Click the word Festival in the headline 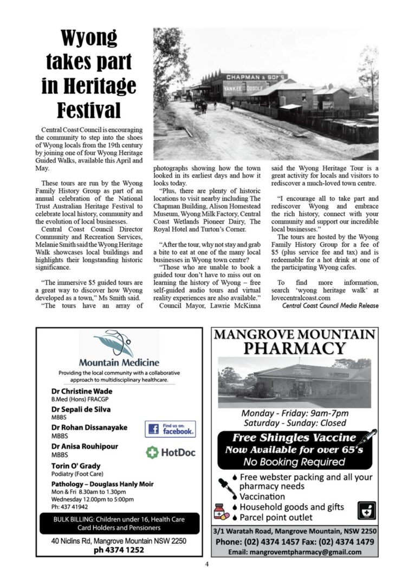pos(89,110)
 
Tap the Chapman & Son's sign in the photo pos(256,77)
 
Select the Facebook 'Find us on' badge pos(170,429)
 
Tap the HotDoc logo pos(171,452)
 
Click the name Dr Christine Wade pos(82,391)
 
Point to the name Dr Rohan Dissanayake pos(89,427)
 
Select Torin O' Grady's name pos(76,466)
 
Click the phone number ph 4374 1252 pos(118,550)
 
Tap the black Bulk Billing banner pos(119,523)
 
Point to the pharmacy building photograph pos(294,381)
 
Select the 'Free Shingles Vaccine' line pos(294,438)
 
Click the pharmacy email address pos(294,552)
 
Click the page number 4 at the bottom pos(207,564)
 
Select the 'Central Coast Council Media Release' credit pos(330,305)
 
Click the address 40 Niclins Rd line pos(119,541)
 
